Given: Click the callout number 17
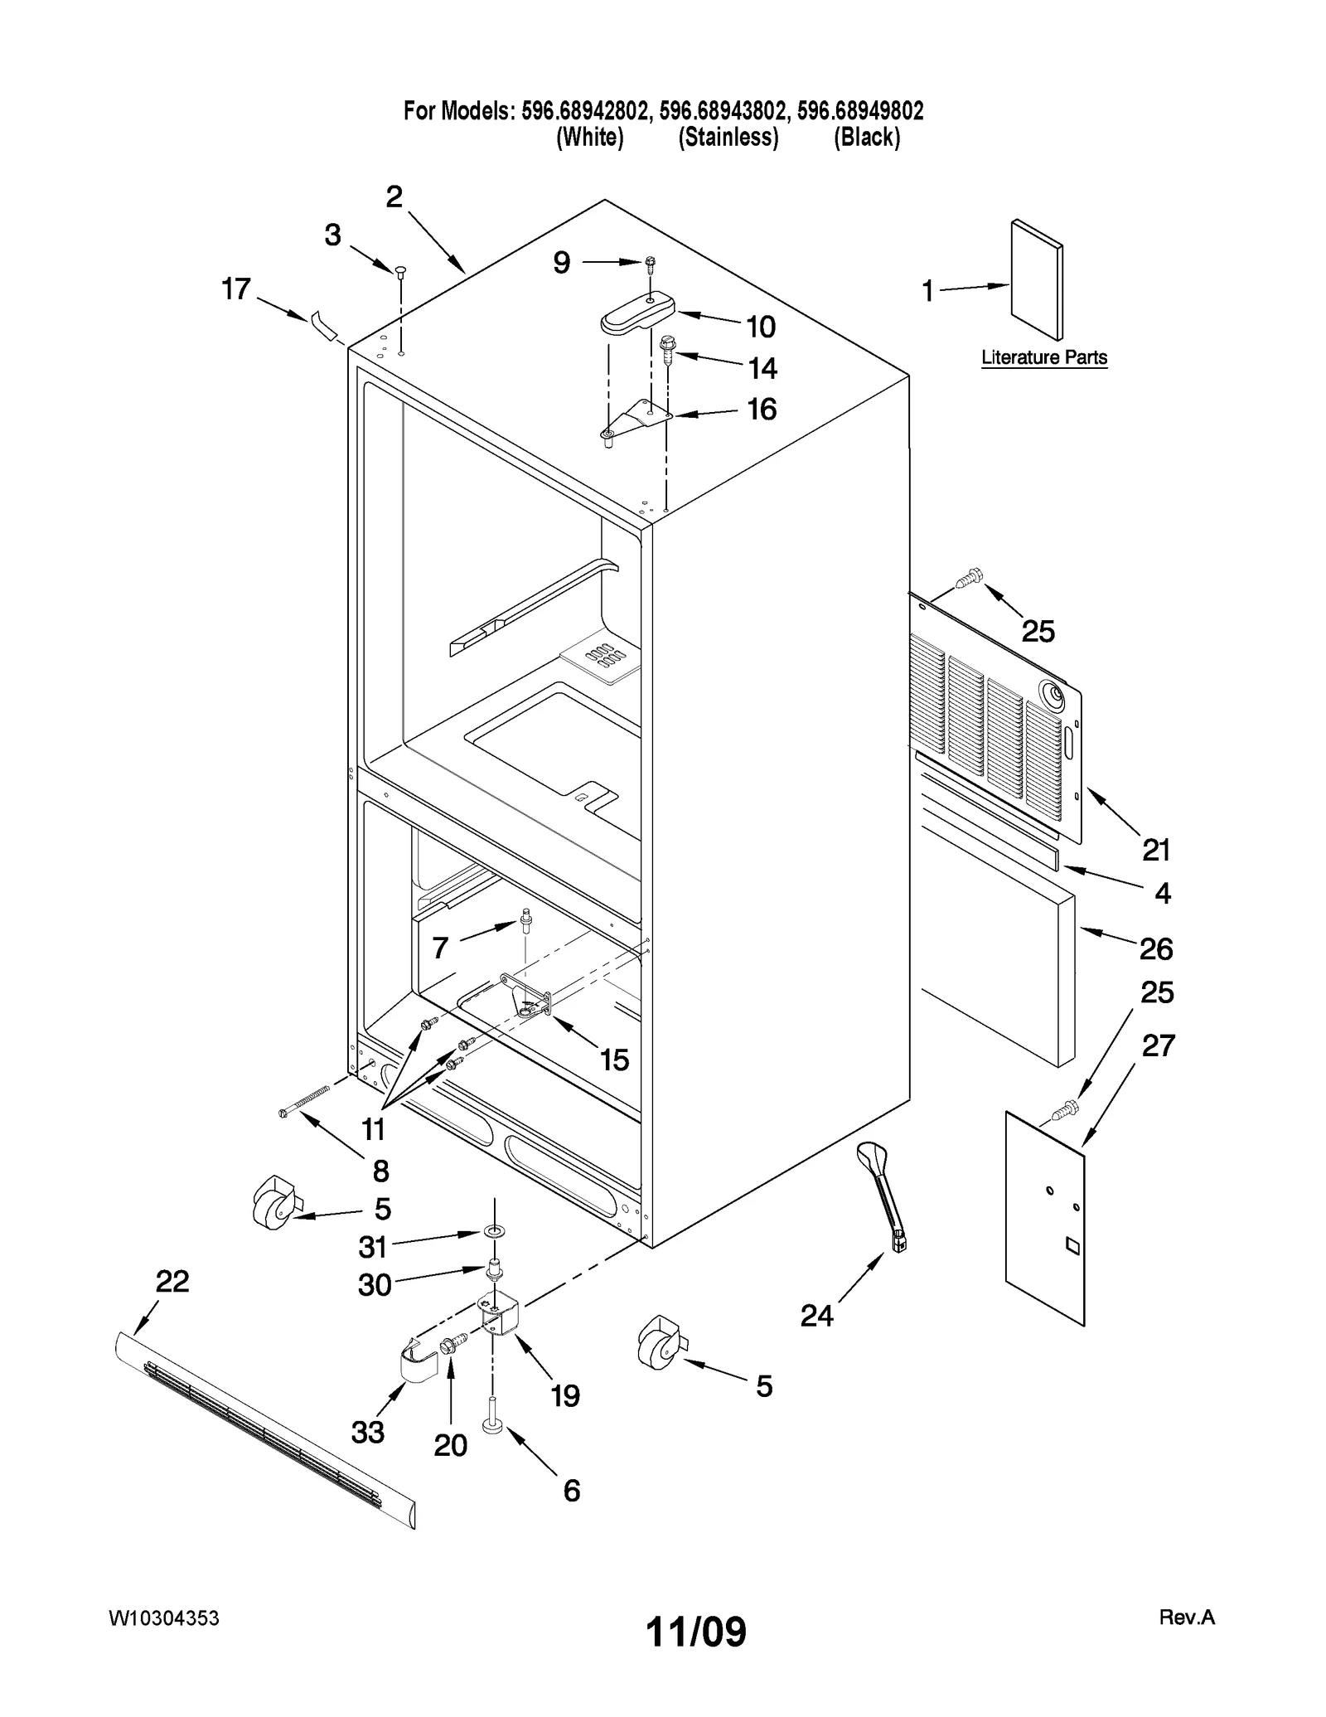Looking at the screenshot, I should point(235,289).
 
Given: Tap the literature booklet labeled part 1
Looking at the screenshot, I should point(1036,279).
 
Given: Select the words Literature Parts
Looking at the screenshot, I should point(1043,357).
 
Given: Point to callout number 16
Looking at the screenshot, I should point(762,409).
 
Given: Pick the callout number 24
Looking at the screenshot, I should point(816,1315).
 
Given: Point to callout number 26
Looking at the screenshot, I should point(1155,948).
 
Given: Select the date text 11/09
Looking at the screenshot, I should point(695,1632).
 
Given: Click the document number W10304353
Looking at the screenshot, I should point(163,1618).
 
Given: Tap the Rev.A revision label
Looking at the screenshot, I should point(1186,1617).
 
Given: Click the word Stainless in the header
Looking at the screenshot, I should point(728,138).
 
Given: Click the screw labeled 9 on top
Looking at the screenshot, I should point(651,264).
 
